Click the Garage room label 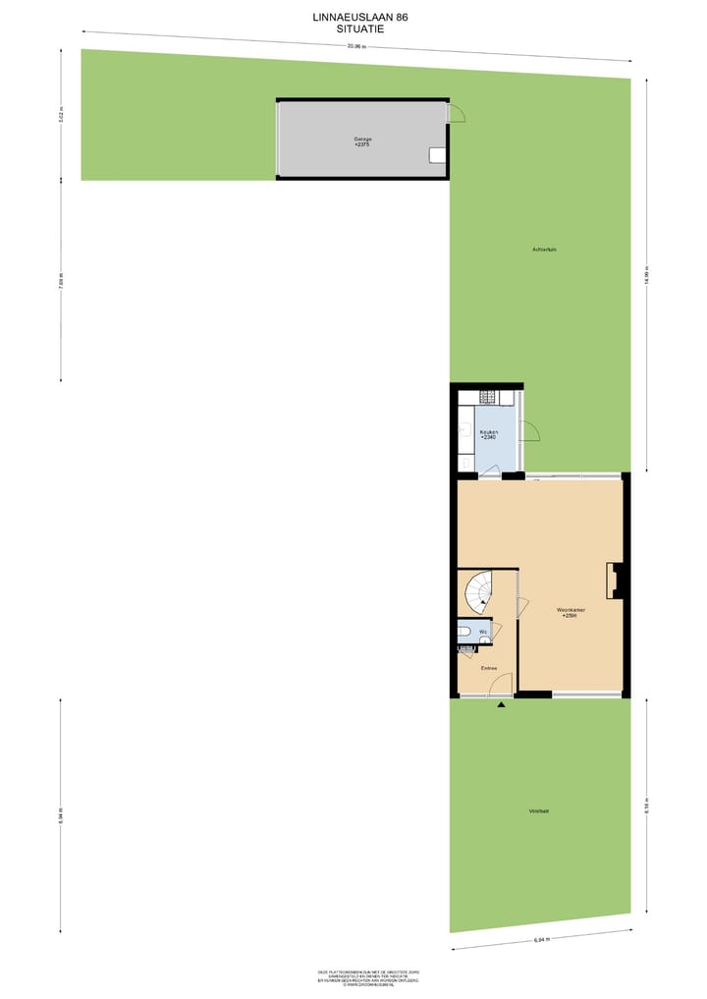click(363, 139)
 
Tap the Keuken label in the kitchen click(488, 432)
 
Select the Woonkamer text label click(570, 610)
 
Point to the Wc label click(482, 632)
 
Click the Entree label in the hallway click(488, 669)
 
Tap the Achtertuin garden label click(545, 250)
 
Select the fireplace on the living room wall click(615, 581)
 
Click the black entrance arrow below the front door click(502, 705)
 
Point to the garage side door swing click(457, 114)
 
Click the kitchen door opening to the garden click(530, 430)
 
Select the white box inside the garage click(437, 155)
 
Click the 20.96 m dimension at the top click(355, 46)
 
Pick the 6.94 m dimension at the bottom click(541, 940)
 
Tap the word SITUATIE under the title click(355, 29)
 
